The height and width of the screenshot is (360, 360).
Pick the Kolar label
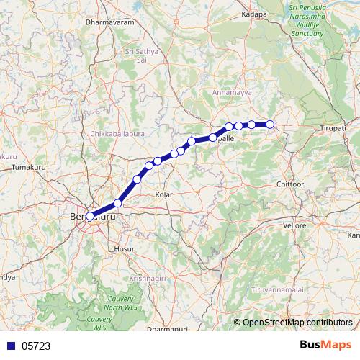pyautogui.click(x=165, y=195)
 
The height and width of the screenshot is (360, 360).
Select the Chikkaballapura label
pyautogui.click(x=119, y=135)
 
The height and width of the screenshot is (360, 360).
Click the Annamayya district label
pyautogui.click(x=230, y=92)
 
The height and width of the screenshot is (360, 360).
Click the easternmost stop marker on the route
pyautogui.click(x=270, y=125)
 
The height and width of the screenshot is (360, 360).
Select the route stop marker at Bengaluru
pyautogui.click(x=90, y=215)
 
